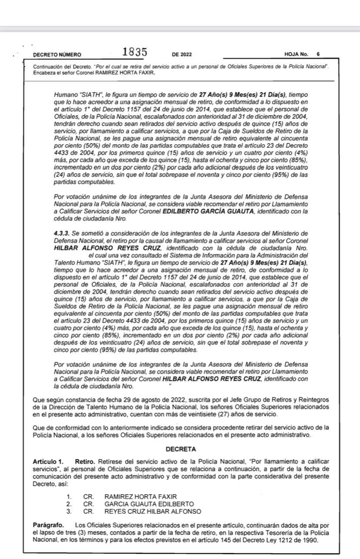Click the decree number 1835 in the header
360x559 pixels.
coord(134,52)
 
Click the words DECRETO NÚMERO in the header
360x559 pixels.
coord(57,55)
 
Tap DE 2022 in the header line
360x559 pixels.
coord(182,55)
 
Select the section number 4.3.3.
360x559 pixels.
coord(61,233)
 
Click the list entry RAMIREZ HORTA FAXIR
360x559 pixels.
coord(141,496)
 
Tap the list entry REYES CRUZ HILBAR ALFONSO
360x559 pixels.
coord(153,511)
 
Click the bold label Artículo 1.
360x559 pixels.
coord(48,461)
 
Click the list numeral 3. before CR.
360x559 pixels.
coord(69,511)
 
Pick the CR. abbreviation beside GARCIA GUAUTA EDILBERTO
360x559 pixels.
coord(89,504)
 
